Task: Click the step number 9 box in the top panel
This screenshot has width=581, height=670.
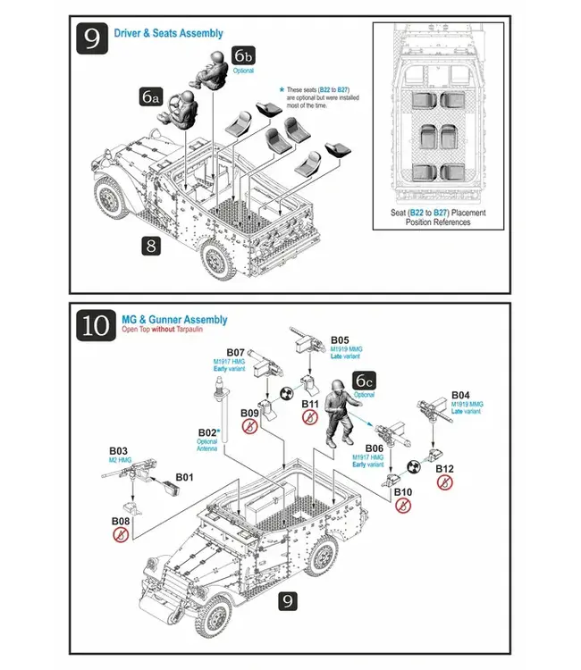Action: click(x=92, y=40)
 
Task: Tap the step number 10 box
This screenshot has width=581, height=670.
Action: click(x=93, y=326)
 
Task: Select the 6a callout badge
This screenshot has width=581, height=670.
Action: click(x=150, y=97)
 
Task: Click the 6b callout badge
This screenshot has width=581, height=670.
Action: click(x=243, y=56)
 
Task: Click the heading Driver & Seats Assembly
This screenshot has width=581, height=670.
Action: click(x=169, y=34)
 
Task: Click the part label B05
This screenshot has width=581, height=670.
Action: click(x=340, y=340)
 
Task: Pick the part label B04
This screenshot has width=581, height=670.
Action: click(x=460, y=395)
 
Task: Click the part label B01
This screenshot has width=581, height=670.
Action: click(x=184, y=478)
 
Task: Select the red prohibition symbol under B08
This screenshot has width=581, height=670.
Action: click(x=120, y=535)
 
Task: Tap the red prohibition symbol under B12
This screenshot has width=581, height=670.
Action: click(x=444, y=482)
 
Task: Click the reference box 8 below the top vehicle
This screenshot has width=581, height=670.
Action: click(x=152, y=246)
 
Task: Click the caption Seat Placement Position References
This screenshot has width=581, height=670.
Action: click(x=431, y=217)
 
